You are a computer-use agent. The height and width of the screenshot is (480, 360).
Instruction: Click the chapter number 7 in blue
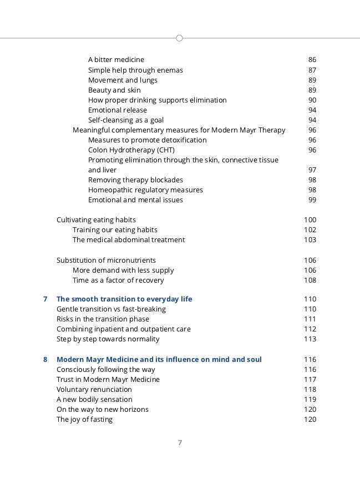point(45,299)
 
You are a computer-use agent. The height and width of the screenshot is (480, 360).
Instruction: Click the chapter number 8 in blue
point(45,359)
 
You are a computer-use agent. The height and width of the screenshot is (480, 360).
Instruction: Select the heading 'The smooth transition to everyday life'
point(124,299)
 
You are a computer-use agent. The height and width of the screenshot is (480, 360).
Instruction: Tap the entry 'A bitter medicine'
point(116,59)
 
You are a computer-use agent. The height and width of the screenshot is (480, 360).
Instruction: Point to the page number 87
point(312,70)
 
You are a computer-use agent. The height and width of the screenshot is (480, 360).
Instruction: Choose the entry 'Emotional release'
point(118,110)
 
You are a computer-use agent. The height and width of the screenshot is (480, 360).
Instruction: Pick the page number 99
point(312,200)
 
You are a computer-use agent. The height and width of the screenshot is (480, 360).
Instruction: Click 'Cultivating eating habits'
point(96,219)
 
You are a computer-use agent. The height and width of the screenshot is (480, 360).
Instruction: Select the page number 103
point(310,239)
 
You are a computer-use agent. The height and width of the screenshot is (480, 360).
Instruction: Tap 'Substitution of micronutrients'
point(106,260)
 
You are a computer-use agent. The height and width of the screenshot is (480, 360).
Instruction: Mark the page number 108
point(310,280)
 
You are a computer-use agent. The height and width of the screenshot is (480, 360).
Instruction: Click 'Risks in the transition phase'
point(103,319)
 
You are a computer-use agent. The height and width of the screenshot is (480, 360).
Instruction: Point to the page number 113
point(310,339)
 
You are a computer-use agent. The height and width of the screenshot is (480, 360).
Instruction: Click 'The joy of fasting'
point(84,419)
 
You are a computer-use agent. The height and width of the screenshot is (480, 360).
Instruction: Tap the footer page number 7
point(180,442)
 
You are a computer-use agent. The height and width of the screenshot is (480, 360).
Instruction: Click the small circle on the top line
point(179,38)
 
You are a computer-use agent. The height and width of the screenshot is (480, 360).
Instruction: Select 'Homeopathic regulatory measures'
point(145,190)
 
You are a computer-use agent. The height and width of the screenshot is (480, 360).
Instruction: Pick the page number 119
point(310,399)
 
